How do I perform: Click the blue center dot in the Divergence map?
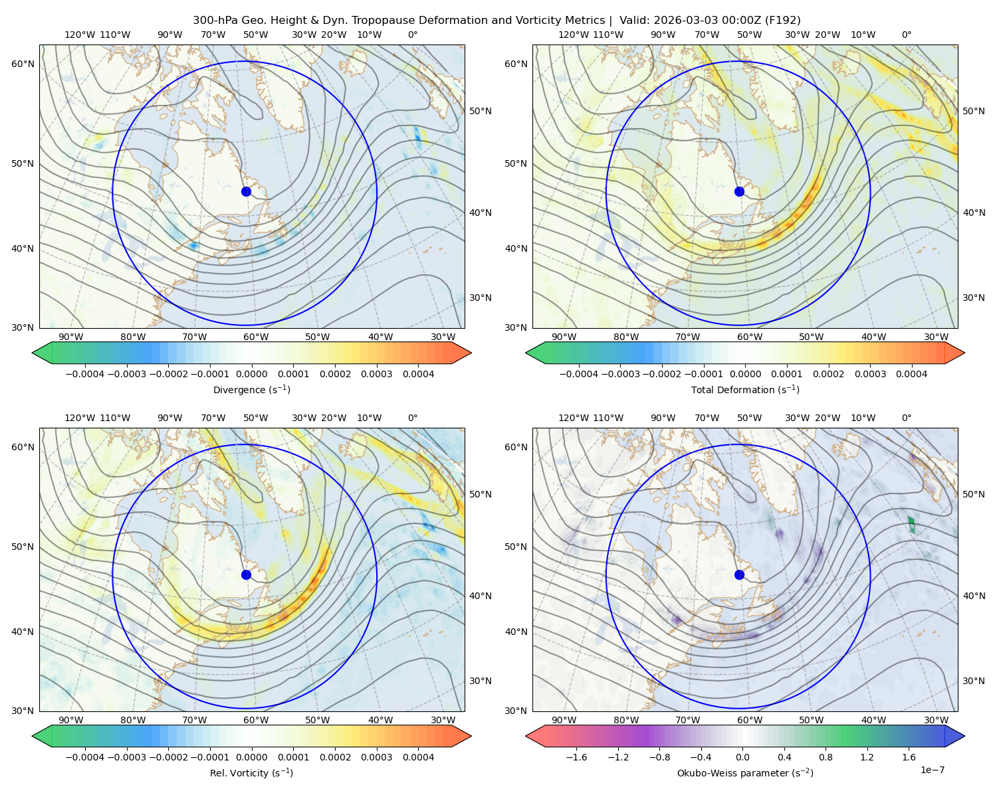click(x=246, y=191)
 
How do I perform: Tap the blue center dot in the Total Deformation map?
click(x=739, y=191)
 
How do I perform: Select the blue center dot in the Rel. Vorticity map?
click(x=246, y=575)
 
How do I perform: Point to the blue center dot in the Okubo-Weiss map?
click(x=739, y=575)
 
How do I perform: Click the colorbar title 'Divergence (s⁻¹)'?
click(x=251, y=389)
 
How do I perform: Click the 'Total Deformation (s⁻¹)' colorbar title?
click(x=745, y=389)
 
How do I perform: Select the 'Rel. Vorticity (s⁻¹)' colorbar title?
click(x=251, y=772)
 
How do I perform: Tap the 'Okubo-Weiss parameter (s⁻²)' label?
click(x=745, y=772)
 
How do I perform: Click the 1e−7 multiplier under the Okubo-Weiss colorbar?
click(x=932, y=770)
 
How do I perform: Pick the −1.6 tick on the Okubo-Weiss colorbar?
click(x=576, y=756)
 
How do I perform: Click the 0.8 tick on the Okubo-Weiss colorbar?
click(x=826, y=756)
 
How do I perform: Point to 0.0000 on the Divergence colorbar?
click(x=251, y=374)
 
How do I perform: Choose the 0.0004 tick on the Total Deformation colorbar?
click(x=911, y=374)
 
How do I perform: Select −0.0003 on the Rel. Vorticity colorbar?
click(x=126, y=756)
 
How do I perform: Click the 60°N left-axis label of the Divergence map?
click(x=23, y=64)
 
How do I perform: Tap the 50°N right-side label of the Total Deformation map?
click(x=973, y=111)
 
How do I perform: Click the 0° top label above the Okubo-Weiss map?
click(x=906, y=417)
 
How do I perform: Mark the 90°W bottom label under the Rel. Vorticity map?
click(x=71, y=720)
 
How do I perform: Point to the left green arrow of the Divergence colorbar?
click(x=42, y=353)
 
